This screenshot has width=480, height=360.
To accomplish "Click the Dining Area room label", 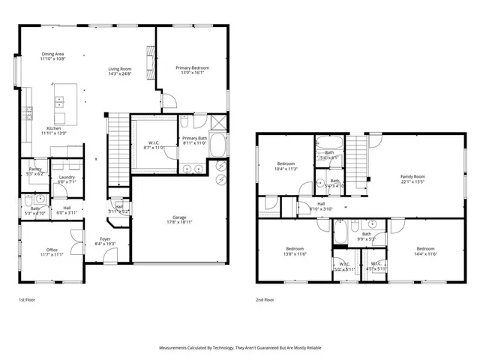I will [52, 54].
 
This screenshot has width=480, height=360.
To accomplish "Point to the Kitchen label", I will [54, 128].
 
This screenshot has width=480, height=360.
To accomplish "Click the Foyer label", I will [106, 240].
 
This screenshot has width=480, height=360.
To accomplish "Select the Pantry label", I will [34, 169].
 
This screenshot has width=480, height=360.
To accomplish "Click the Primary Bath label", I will [194, 138].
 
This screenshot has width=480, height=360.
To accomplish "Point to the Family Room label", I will [412, 176].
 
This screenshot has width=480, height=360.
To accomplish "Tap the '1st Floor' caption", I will [26, 300].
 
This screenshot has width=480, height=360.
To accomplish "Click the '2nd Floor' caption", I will [265, 300].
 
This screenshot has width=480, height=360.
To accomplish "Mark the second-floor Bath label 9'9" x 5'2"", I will [367, 234].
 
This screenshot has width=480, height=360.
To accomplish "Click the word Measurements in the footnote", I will [176, 348].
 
